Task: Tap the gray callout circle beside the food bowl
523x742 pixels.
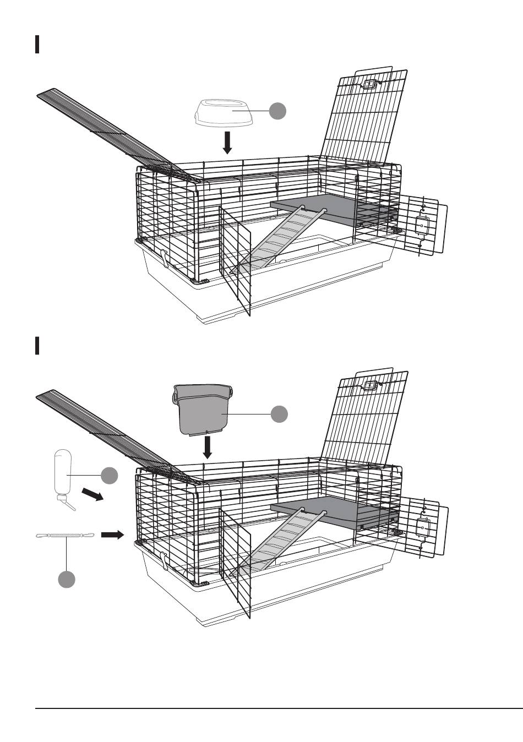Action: pyautogui.click(x=278, y=111)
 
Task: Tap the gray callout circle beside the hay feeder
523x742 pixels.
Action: pyautogui.click(x=280, y=414)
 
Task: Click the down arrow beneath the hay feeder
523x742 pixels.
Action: pyautogui.click(x=208, y=447)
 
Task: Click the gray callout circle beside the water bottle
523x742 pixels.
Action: pyautogui.click(x=109, y=476)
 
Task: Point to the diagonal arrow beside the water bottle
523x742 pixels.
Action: pyautogui.click(x=92, y=495)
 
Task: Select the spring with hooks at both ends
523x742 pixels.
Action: pyautogui.click(x=66, y=536)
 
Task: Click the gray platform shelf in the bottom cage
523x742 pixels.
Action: pyautogui.click(x=330, y=509)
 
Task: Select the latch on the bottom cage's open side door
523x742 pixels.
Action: pyautogui.click(x=423, y=528)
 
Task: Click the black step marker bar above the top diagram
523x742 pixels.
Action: pyautogui.click(x=37, y=45)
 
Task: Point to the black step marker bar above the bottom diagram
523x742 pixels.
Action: pyautogui.click(x=37, y=346)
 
